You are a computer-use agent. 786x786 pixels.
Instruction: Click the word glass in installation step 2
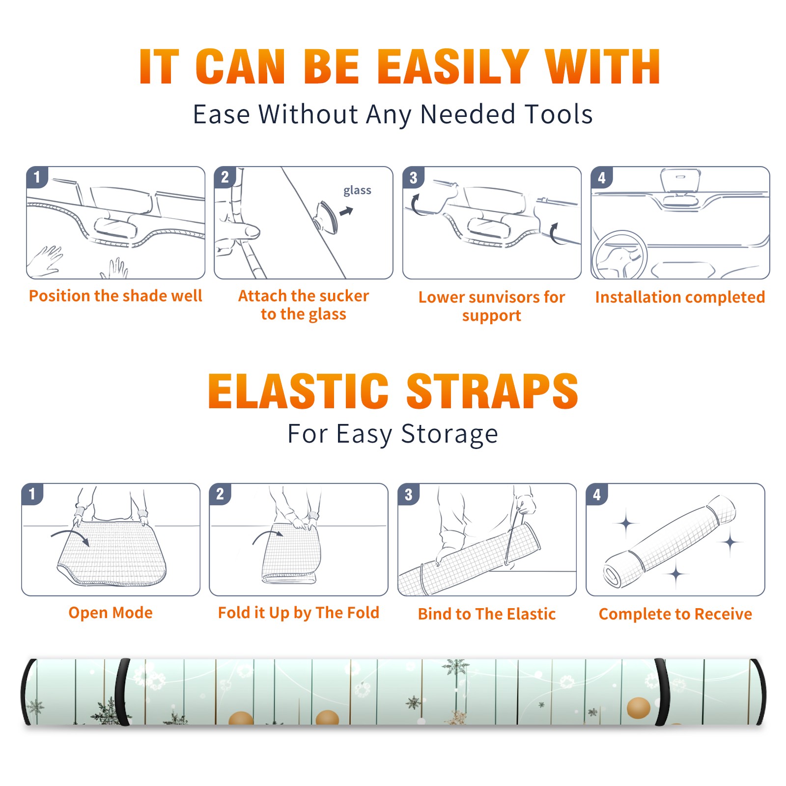coord(357,191)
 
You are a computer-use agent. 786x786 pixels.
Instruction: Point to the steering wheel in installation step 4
coord(619,255)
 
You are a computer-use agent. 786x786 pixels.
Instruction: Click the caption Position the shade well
coord(115,296)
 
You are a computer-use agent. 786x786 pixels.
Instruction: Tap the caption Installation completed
coord(680,297)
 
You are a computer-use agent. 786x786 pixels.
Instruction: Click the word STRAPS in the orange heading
coord(492,391)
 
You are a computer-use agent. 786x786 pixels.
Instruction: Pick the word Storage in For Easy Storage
coord(449,434)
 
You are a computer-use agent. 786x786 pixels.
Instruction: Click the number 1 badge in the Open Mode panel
coord(32,494)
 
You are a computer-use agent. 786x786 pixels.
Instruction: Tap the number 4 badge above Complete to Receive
coord(597,494)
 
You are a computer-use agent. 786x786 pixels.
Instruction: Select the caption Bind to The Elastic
coord(487,614)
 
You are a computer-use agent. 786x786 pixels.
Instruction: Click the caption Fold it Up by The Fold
coord(299,613)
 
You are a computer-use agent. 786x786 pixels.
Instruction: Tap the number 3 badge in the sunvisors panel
coord(413,177)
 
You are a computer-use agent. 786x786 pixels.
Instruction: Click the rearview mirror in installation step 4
coord(680,181)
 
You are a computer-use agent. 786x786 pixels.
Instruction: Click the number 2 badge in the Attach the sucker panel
coord(225,177)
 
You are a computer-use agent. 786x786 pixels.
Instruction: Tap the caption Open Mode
coord(111,613)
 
